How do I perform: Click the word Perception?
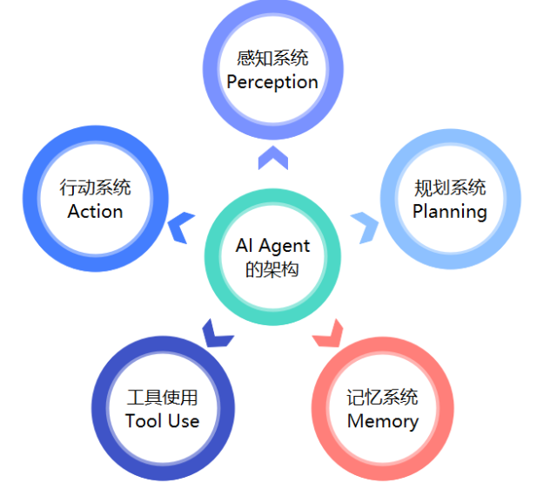272,82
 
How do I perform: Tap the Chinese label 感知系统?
272,58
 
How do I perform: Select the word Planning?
449,211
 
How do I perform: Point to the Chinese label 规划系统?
450,187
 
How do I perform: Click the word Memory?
382,421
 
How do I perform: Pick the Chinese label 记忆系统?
382,398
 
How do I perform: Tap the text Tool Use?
162,421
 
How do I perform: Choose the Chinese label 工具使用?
163,398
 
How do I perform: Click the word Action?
95,211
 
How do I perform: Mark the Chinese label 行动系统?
95,187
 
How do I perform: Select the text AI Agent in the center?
272,246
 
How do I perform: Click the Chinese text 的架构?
272,269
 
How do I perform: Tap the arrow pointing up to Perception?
272,157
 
